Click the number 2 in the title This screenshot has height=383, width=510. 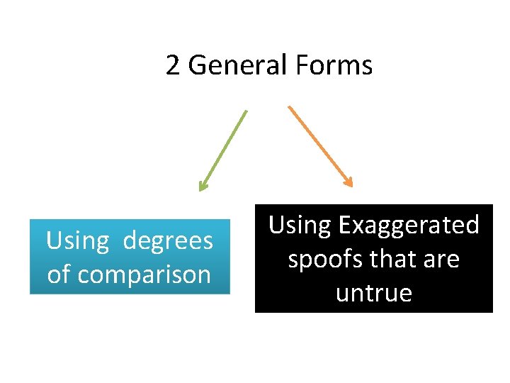click(173, 65)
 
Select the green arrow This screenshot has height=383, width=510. click(224, 150)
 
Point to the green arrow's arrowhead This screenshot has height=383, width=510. click(203, 187)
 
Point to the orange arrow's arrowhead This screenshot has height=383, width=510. click(348, 182)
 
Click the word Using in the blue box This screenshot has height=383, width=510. click(77, 241)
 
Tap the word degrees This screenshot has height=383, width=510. click(168, 241)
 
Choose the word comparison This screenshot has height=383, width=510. click(144, 274)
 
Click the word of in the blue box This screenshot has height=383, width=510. click(59, 274)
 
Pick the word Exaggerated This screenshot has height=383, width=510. click(409, 225)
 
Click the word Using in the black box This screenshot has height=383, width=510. click(300, 225)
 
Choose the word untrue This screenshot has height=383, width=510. click(373, 293)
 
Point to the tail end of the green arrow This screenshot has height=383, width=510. click(246, 111)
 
